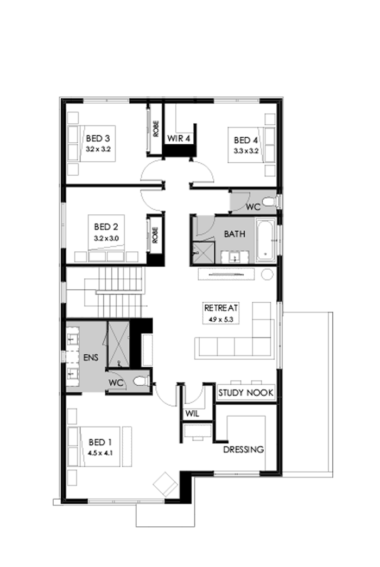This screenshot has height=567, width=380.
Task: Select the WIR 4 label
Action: [x=179, y=139]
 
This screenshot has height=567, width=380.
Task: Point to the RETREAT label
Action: [x=221, y=308]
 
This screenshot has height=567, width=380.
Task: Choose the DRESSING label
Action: [x=243, y=449]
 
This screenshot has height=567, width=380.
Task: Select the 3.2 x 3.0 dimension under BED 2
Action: [x=106, y=238]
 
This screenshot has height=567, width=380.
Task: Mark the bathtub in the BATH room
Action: [x=266, y=239]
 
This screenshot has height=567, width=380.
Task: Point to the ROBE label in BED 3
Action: [x=155, y=129]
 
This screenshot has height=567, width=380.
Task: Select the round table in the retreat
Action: [x=266, y=275]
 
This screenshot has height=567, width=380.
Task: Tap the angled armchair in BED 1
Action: [x=166, y=483]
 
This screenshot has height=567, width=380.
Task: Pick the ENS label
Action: [x=90, y=358]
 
